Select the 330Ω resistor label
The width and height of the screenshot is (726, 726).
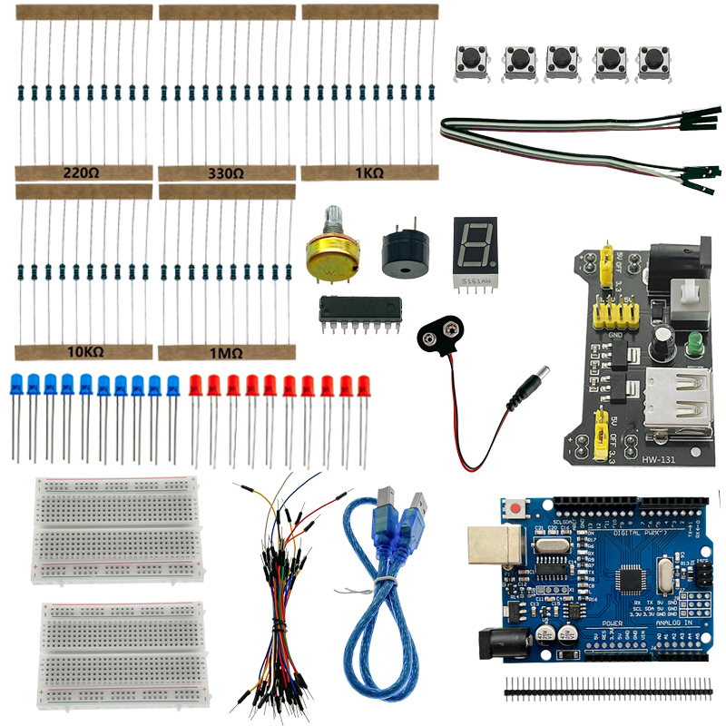point(226,172)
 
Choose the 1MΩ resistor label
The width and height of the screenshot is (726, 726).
point(226,351)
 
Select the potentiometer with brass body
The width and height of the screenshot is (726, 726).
point(333,256)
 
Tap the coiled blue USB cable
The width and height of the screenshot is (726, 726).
point(381,599)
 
